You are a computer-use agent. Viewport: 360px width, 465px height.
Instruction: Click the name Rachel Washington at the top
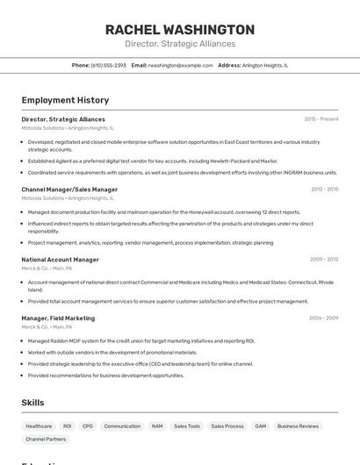pos(180,29)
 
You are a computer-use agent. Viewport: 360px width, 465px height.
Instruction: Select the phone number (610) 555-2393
pos(109,65)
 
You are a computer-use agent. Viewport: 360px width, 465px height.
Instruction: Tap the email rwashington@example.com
pos(180,65)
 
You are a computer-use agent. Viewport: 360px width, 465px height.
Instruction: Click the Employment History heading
pos(65,100)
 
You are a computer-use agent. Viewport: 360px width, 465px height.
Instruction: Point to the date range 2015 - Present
pos(320,118)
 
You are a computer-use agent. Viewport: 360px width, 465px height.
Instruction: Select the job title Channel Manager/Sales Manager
pos(69,189)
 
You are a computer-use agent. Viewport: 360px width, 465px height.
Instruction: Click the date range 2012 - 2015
pos(324,189)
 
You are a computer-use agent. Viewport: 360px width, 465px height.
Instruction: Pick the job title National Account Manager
pos(60,260)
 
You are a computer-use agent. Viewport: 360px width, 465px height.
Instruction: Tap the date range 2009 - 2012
pos(324,260)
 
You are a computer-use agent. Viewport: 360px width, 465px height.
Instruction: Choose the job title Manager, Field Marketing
pos(58,318)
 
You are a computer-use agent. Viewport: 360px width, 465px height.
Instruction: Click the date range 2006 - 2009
pos(323,318)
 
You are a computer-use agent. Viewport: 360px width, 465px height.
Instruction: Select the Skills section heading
pos(33,402)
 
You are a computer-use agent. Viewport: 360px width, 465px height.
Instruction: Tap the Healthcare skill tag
pos(39,426)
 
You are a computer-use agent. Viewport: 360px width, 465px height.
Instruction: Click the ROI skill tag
pos(67,426)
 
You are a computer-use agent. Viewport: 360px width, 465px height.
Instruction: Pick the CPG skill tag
pos(88,426)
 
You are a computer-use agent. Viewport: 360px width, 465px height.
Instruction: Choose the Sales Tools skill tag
pos(186,426)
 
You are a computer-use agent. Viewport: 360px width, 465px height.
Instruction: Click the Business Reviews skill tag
pos(298,426)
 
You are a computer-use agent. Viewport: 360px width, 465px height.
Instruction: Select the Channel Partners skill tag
pos(46,439)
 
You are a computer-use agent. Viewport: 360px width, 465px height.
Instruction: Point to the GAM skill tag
pos(260,426)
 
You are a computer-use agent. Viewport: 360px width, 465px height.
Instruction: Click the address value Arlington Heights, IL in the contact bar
pos(264,65)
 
